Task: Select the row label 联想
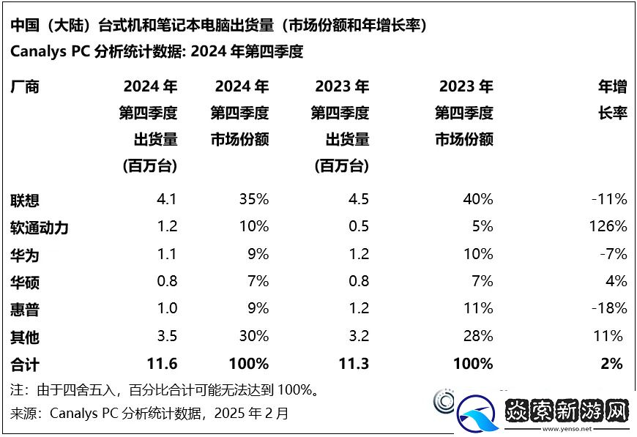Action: [24, 200]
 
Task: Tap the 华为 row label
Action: [24, 255]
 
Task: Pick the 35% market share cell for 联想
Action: [253, 199]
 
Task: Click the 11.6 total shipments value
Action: [162, 363]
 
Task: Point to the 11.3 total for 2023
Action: [354, 363]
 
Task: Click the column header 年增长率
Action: [613, 100]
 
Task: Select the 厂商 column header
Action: [24, 87]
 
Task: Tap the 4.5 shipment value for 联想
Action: [359, 199]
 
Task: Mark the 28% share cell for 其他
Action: [478, 336]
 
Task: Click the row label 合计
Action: [24, 364]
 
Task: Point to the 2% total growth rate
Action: [612, 363]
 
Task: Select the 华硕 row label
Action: [24, 282]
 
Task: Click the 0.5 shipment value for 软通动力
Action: [359, 226]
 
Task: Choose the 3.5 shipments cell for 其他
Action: [166, 336]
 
